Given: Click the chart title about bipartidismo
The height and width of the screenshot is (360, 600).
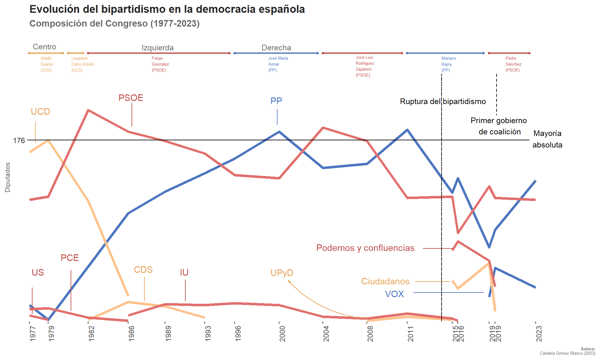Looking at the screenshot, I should [x=167, y=9].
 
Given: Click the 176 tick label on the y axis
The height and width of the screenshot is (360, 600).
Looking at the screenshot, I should [x=19, y=141].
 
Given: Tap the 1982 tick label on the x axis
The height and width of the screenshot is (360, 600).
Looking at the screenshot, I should [x=91, y=333].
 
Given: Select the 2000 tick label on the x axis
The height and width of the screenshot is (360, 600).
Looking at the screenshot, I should [x=282, y=333].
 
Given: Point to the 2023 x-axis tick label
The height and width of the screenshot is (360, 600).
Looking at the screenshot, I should [x=539, y=333].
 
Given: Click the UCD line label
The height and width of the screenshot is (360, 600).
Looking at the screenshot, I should [x=40, y=112].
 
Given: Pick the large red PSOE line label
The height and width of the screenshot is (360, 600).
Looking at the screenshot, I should [x=131, y=98].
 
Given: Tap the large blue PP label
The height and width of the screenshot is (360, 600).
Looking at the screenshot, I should [x=276, y=101].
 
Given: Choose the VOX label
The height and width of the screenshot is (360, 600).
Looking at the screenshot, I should [x=394, y=294].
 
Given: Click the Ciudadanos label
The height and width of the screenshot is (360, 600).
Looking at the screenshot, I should [x=385, y=281].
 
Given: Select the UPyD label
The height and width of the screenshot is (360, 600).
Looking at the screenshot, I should [x=282, y=273].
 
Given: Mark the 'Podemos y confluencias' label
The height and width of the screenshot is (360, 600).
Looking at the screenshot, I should [x=365, y=248].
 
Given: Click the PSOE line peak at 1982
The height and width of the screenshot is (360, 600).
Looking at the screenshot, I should [x=88, y=110].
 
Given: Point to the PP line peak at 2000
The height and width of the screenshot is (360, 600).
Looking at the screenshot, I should [x=279, y=132].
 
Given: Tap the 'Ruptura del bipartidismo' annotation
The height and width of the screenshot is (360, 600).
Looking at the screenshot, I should [x=442, y=102].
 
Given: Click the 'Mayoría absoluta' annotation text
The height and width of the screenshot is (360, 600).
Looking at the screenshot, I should [x=547, y=139].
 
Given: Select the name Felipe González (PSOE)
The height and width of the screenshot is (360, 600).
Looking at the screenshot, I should [x=160, y=64].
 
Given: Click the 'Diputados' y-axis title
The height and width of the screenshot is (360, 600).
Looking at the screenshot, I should [x=7, y=177].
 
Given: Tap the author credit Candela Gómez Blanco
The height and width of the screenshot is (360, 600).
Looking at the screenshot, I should [x=567, y=353].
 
